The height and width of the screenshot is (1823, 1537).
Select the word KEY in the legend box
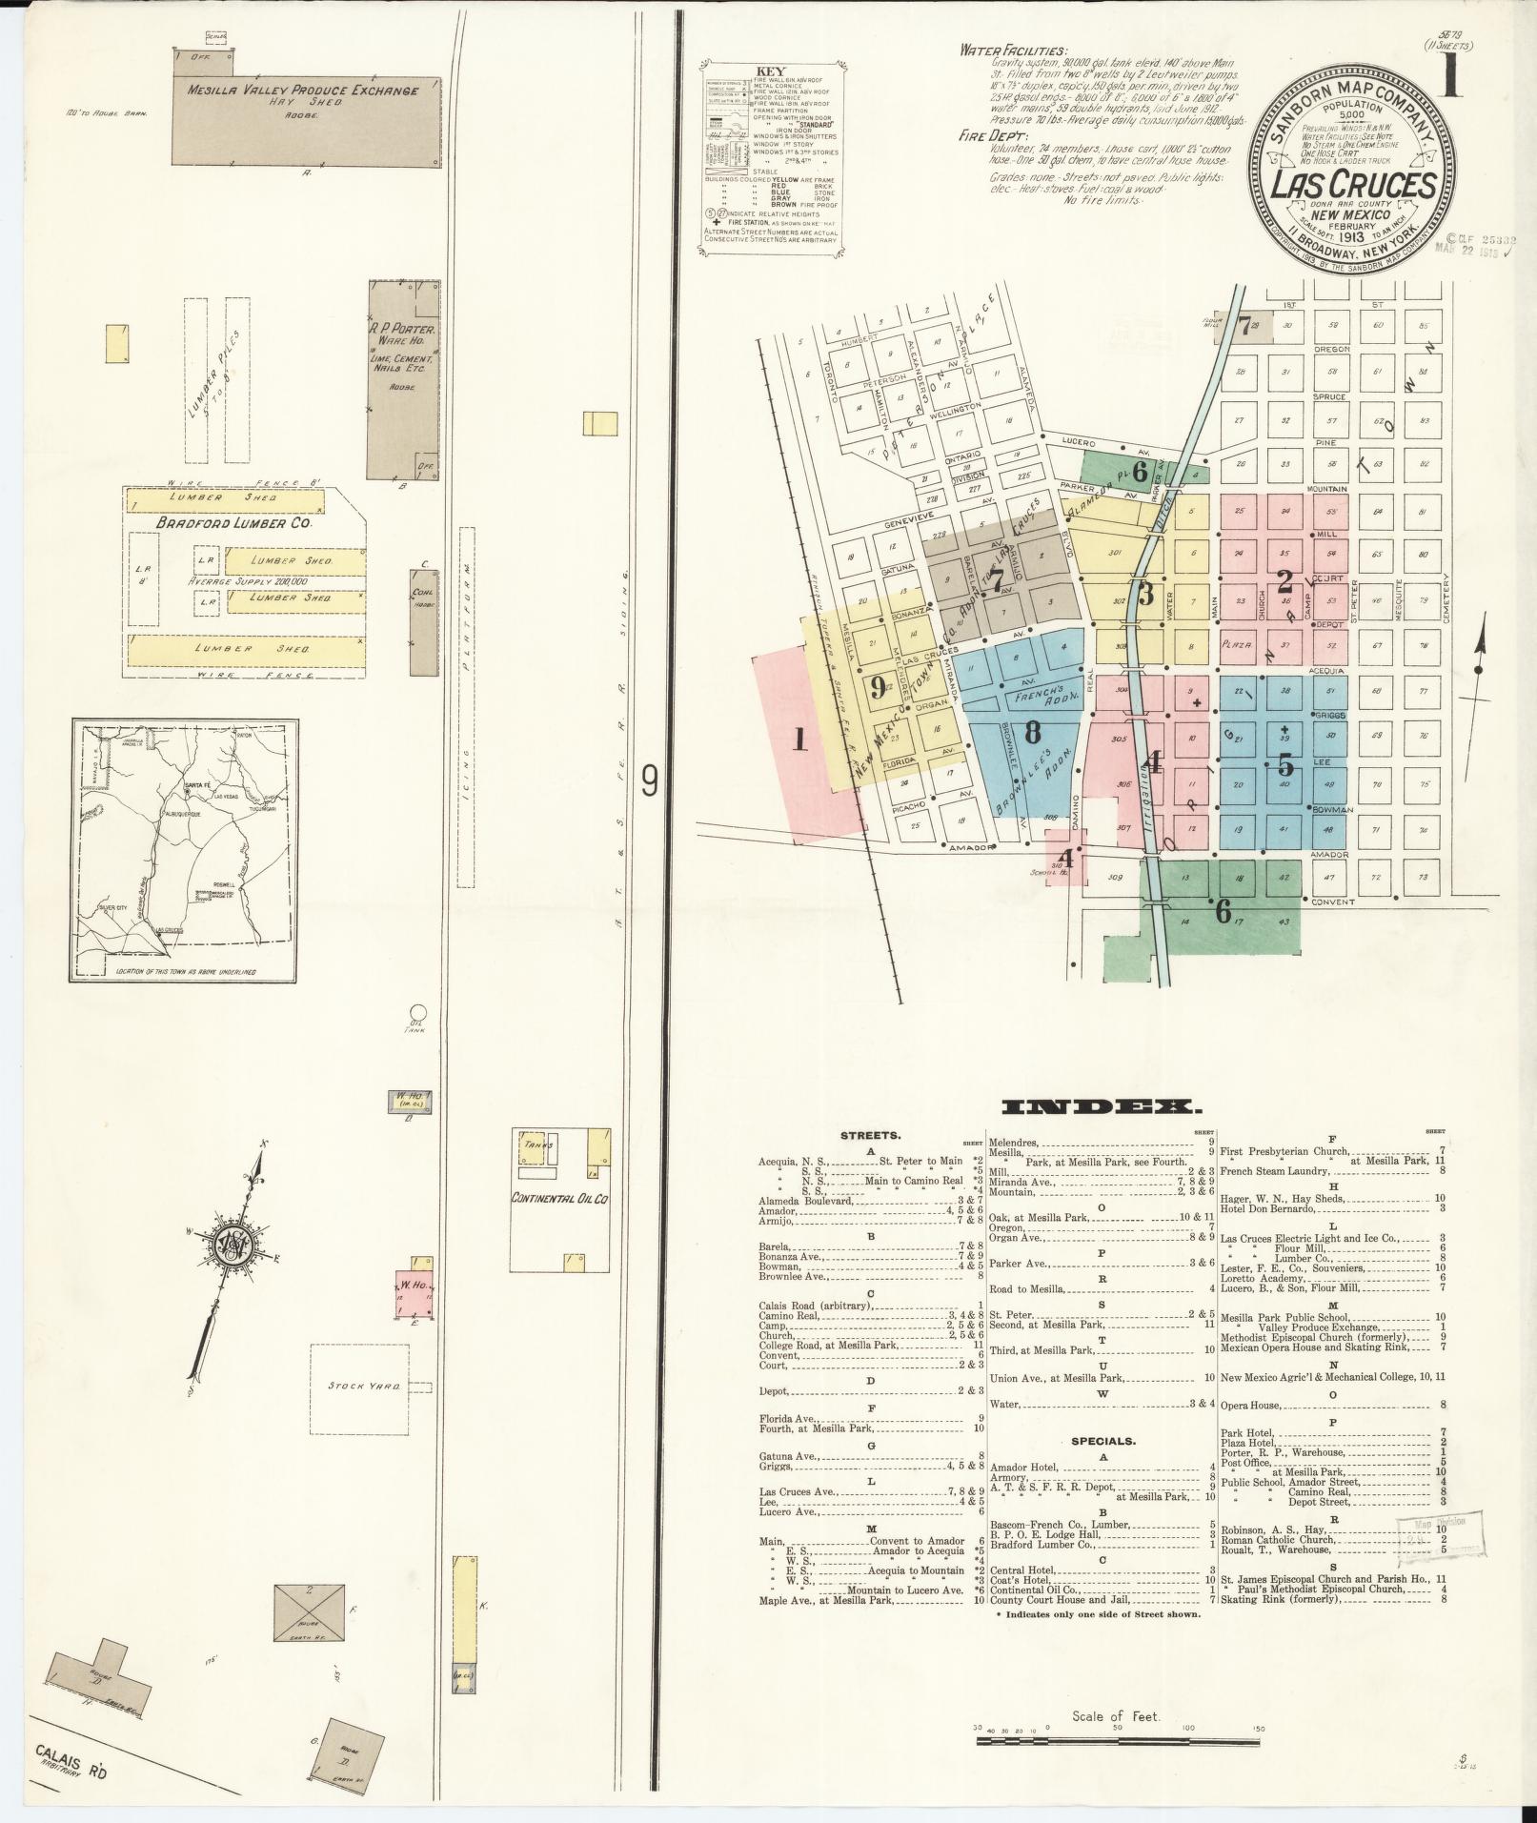coord(769,71)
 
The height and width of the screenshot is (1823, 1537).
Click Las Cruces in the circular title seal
coord(1353,184)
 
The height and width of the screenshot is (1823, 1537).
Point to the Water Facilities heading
coord(1013,51)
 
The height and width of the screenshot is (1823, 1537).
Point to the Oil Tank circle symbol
coord(416,1013)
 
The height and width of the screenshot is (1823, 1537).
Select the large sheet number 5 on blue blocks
coord(1285,765)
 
